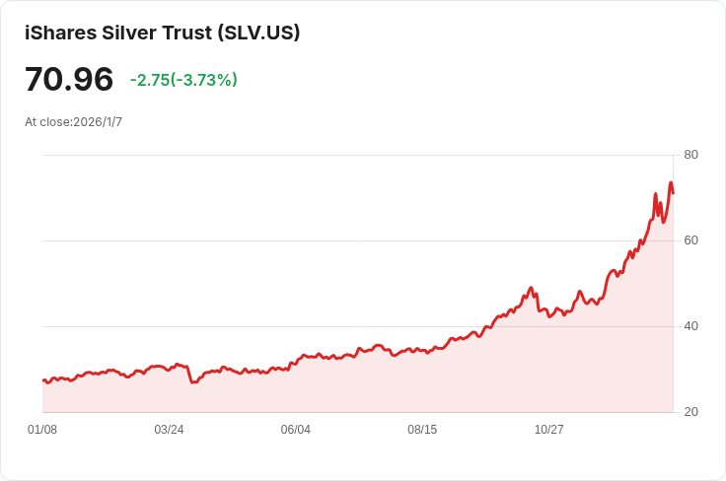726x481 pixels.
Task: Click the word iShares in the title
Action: [x=60, y=33]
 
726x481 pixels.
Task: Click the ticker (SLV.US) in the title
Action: [x=259, y=33]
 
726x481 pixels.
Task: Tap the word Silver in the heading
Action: [x=128, y=33]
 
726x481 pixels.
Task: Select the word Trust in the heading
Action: [x=187, y=33]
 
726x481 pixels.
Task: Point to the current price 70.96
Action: [x=69, y=79]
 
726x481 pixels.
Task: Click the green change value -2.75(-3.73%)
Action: [x=183, y=80]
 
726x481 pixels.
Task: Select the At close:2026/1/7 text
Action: [x=74, y=121]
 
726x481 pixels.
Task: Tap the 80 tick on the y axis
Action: [x=690, y=155]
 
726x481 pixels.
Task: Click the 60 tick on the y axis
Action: [x=690, y=240]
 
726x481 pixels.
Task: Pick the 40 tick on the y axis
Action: [x=690, y=326]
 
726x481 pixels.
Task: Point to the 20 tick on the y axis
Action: [x=690, y=412]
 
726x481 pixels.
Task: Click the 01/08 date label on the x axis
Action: [x=42, y=430]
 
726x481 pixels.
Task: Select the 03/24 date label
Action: [x=169, y=430]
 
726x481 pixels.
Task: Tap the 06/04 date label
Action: [x=295, y=430]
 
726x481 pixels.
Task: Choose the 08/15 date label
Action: [x=422, y=430]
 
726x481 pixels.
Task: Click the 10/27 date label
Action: [x=549, y=430]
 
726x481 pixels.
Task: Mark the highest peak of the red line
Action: [x=671, y=182]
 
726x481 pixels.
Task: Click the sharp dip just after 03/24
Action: [x=192, y=382]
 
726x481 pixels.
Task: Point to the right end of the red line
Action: [x=673, y=193]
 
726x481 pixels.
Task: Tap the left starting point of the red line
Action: [x=43, y=380]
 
